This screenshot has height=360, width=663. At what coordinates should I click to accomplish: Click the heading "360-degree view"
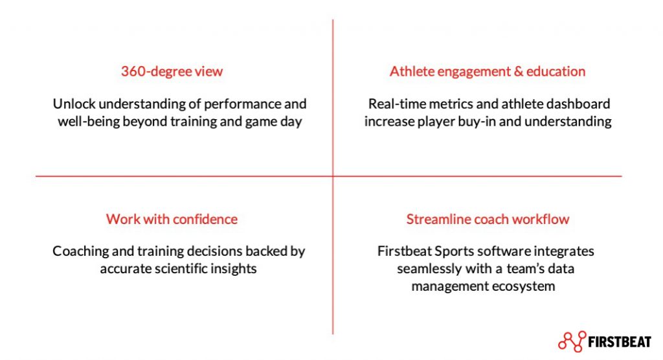[x=172, y=71]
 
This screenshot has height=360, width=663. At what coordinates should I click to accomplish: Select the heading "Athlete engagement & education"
[x=488, y=71]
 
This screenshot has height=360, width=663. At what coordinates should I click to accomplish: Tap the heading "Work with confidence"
[x=172, y=219]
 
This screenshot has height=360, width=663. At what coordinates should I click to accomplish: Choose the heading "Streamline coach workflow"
[x=488, y=219]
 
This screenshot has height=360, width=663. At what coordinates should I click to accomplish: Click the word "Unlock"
[x=74, y=104]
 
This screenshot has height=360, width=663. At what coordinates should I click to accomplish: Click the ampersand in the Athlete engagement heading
[x=519, y=71]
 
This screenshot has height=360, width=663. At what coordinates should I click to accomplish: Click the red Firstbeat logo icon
[x=572, y=341]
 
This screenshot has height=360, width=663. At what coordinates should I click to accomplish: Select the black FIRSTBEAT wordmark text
[x=620, y=342]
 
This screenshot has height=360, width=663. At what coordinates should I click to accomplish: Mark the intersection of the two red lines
[x=333, y=176]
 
